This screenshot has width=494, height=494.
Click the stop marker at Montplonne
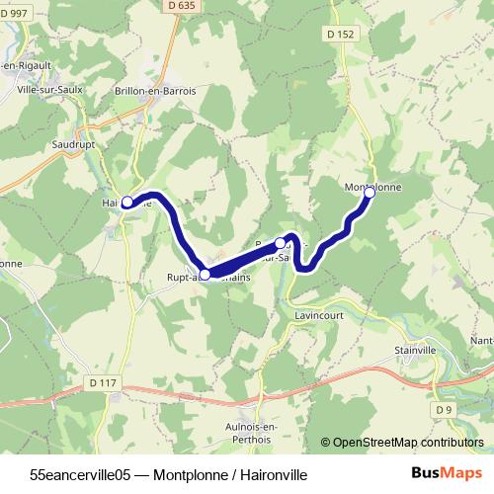click(x=370, y=193)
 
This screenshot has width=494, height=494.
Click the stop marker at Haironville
click(x=126, y=203)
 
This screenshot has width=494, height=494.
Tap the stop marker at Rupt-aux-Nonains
click(x=205, y=274)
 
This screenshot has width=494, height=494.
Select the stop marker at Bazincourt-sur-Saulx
click(x=281, y=242)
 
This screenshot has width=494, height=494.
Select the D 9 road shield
click(x=442, y=408)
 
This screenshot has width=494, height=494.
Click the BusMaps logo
click(x=448, y=472)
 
